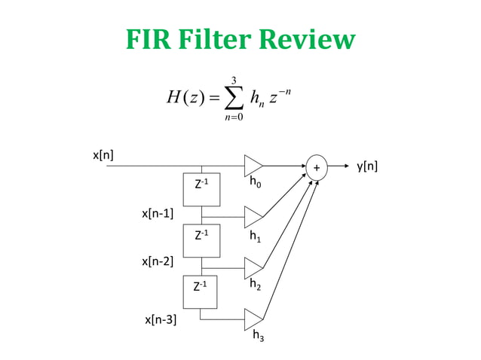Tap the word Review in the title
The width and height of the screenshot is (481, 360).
(x=313, y=40)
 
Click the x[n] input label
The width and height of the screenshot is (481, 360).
(x=103, y=155)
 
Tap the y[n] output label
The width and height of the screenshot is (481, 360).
(x=366, y=166)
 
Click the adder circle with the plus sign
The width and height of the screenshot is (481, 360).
(x=317, y=166)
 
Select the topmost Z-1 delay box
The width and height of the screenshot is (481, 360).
(x=201, y=190)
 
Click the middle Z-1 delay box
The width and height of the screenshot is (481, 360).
(x=201, y=240)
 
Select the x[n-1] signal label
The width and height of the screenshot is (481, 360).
(x=158, y=213)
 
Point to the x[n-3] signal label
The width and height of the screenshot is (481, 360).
(x=161, y=320)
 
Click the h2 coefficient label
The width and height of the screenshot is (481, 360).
(x=256, y=285)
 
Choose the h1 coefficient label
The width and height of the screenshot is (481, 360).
(x=256, y=236)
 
